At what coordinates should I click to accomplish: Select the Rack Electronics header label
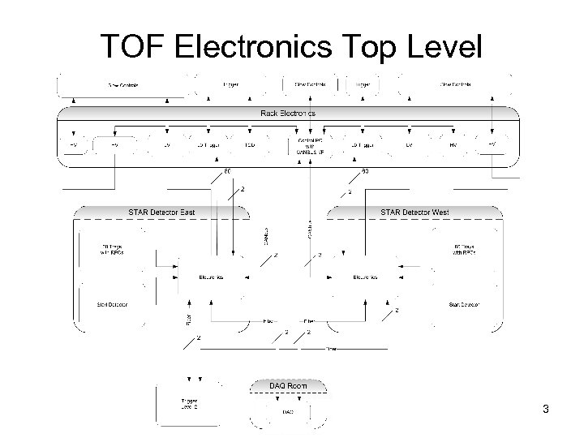[289, 113]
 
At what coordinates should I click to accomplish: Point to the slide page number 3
[546, 409]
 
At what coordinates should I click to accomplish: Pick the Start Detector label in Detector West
[464, 305]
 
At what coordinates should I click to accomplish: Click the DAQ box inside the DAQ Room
[288, 412]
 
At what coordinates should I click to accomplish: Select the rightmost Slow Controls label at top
[456, 84]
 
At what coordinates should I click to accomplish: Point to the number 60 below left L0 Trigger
[227, 171]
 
